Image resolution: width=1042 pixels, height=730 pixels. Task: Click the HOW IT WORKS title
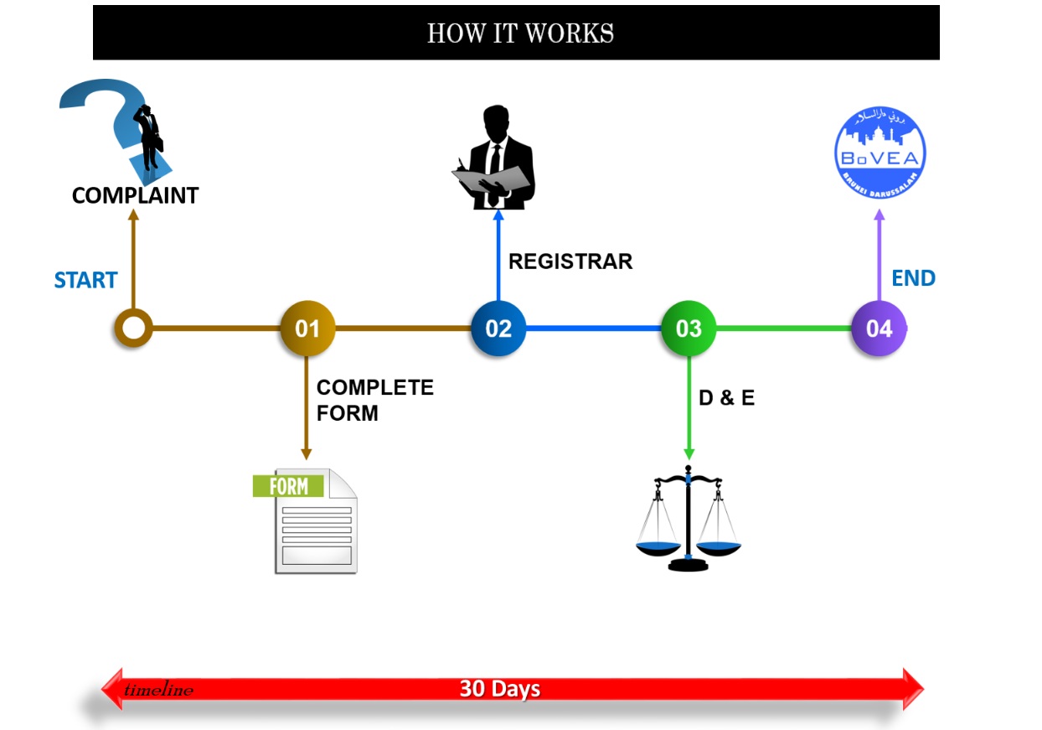click(520, 34)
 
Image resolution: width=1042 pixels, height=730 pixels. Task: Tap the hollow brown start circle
click(133, 328)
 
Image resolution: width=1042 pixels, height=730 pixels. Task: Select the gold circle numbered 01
click(307, 329)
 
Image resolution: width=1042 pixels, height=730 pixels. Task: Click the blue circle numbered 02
click(498, 329)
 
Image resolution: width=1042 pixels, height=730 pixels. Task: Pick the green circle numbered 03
click(689, 329)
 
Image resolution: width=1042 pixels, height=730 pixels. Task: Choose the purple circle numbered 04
click(879, 329)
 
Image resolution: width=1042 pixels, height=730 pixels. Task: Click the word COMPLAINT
click(135, 195)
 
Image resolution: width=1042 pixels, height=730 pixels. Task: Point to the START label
click(85, 280)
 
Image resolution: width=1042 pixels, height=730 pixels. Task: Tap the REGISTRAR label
click(570, 261)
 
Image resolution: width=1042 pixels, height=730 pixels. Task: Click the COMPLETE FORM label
click(374, 401)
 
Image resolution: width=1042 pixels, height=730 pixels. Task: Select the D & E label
click(726, 398)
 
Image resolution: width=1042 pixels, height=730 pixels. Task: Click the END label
click(913, 278)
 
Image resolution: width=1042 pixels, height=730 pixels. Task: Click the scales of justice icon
click(689, 520)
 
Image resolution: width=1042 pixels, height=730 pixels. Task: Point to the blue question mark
click(105, 117)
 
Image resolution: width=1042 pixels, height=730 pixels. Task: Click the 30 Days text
click(499, 689)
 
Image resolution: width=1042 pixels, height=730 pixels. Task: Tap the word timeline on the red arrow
click(158, 691)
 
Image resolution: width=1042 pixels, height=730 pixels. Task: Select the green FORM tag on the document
click(287, 485)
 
